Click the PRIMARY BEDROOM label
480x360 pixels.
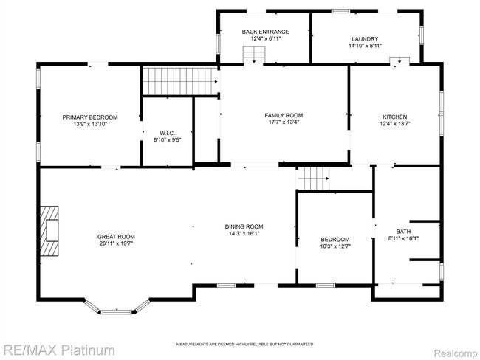point(90,117)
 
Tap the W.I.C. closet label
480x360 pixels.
point(167,133)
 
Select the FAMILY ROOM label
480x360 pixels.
point(284,115)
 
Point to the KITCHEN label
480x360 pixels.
point(395,117)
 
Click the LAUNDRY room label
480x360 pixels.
point(365,39)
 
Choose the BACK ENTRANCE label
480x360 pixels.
point(265,32)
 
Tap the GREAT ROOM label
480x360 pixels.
point(116,236)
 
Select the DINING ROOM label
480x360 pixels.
point(244,226)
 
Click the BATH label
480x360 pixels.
point(403,232)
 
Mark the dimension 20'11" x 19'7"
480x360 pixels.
point(116,243)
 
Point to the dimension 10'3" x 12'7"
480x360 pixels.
point(335,246)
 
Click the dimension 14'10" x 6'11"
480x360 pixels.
point(366,46)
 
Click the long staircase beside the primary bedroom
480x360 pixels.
point(180,81)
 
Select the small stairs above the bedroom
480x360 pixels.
point(313,179)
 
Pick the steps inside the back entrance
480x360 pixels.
point(254,54)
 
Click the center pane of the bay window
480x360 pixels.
point(117,312)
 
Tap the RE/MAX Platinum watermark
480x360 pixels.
point(59,350)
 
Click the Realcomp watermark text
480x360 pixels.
point(456,353)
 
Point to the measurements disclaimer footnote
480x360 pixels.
point(244,345)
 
